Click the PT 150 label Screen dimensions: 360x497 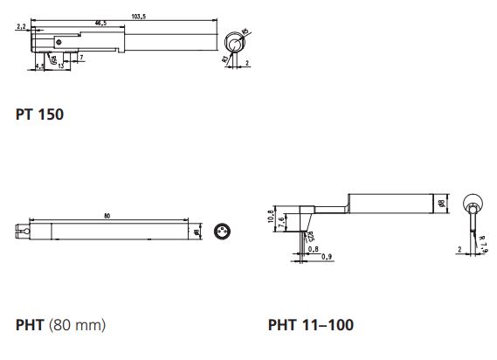pyautogui.click(x=39, y=114)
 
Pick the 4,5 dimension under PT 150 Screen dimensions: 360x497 pyautogui.click(x=40, y=67)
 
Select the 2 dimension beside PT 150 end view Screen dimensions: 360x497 pyautogui.click(x=247, y=63)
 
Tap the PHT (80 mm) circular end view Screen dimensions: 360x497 pyautogui.click(x=221, y=232)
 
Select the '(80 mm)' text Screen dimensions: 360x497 pyautogui.click(x=79, y=325)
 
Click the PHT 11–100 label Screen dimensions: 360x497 pyautogui.click(x=310, y=325)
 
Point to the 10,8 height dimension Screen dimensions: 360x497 pyautogui.click(x=271, y=216)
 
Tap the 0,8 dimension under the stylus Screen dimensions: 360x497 pyautogui.click(x=313, y=250)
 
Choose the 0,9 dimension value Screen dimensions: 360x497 pyautogui.click(x=326, y=256)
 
